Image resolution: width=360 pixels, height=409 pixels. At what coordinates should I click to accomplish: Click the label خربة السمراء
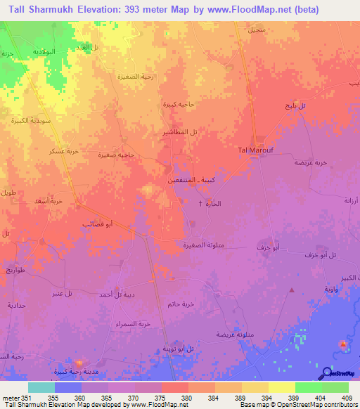pyautogui.click(x=135, y=324)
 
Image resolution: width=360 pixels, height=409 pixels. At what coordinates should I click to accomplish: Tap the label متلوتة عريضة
pyautogui.click(x=233, y=333)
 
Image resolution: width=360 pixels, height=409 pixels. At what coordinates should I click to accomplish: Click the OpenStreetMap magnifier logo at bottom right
pyautogui.click(x=328, y=372)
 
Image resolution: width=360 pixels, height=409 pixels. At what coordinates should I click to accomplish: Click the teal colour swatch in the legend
pyautogui.click(x=41, y=387)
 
